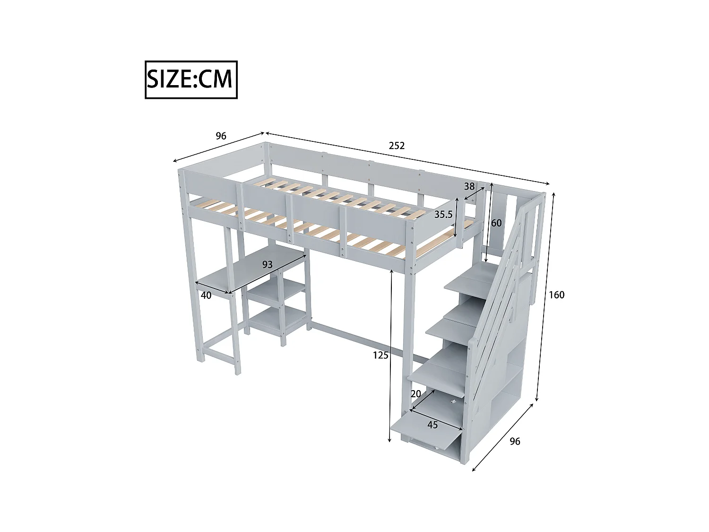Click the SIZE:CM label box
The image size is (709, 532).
point(191,79)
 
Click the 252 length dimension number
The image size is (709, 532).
point(397,146)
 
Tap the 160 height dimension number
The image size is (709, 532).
point(556,295)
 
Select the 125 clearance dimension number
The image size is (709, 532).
point(380,355)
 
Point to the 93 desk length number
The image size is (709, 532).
point(268,265)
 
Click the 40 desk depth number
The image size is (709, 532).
point(206,296)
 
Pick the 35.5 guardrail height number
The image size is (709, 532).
point(443,214)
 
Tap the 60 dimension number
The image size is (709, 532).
point(496,223)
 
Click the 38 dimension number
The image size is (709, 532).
point(469,186)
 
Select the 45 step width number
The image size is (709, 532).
point(432,425)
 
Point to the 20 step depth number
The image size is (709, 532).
point(416,394)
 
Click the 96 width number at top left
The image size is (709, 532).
point(221,136)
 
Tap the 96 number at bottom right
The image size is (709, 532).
point(515,441)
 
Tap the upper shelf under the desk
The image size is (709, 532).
point(274,289)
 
